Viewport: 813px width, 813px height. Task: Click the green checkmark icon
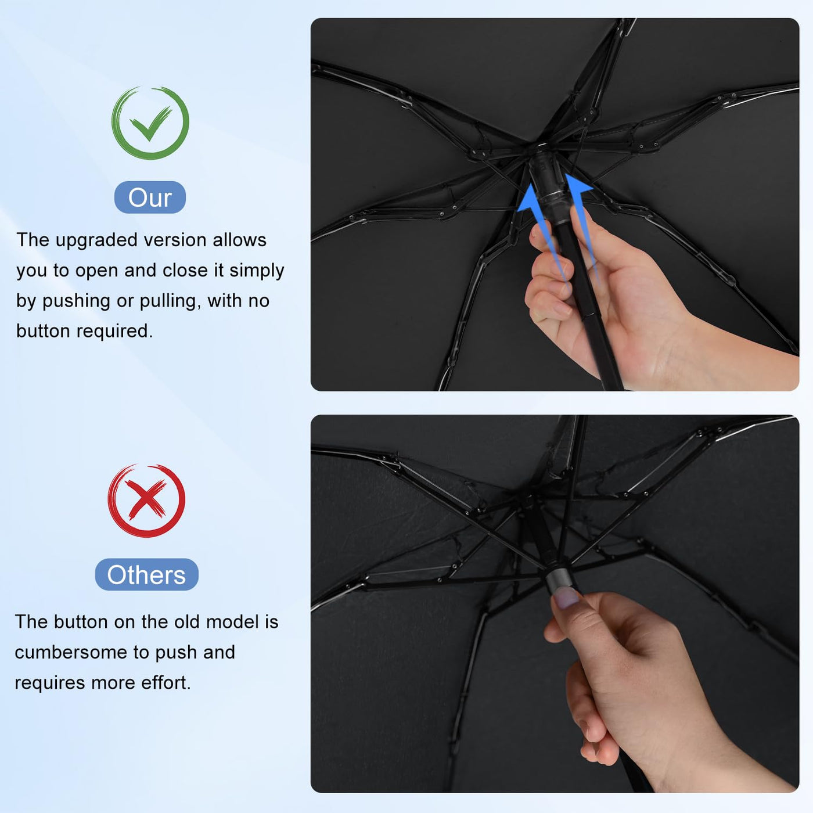pyautogui.click(x=150, y=123)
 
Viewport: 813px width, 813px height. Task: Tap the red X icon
pyautogui.click(x=146, y=501)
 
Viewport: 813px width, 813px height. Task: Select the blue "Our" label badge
pyautogui.click(x=150, y=197)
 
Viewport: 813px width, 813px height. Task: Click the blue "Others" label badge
pyautogui.click(x=146, y=575)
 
